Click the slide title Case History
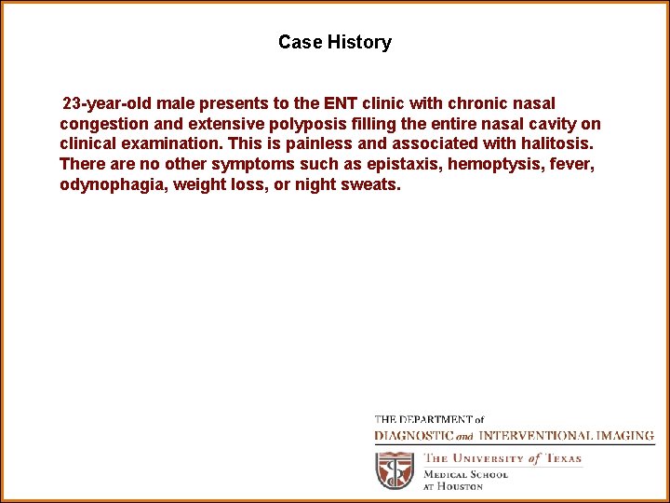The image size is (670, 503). pos(334,42)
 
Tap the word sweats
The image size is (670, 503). pos(372,185)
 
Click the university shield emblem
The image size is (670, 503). pos(395,470)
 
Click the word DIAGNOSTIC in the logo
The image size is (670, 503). pos(414,435)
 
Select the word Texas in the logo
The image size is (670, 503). pos(563,458)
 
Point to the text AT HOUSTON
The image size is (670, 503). pos(454,486)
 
